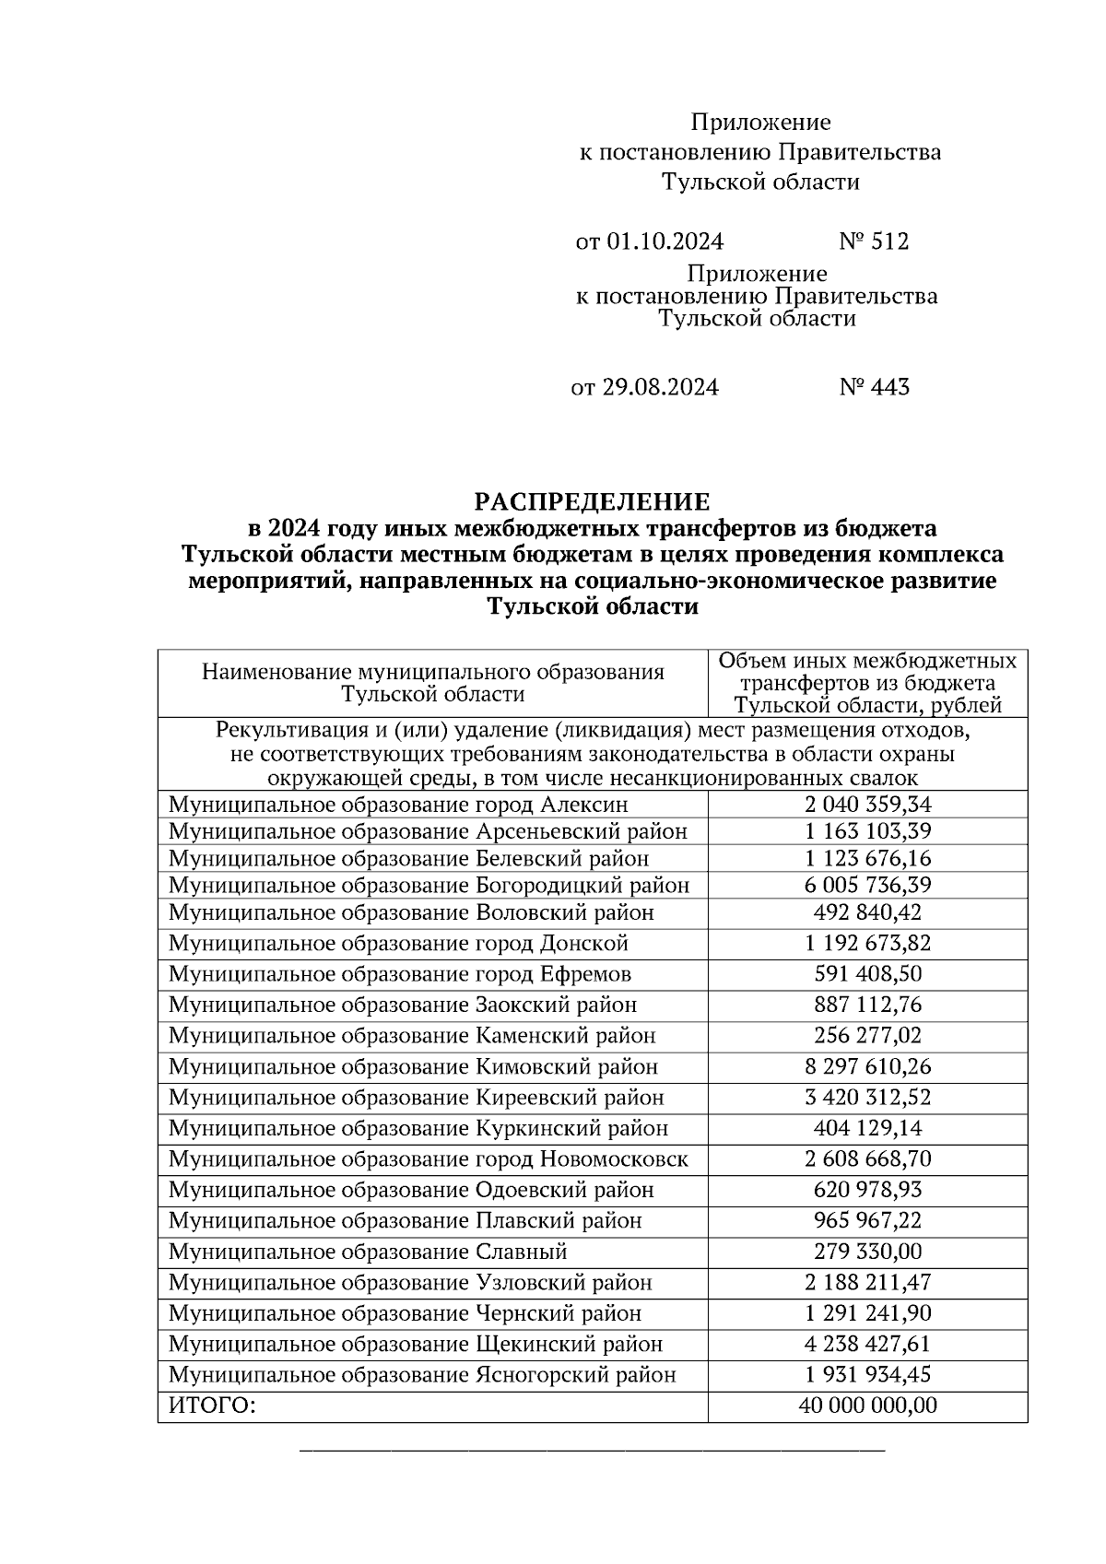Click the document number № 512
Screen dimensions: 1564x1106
tap(873, 241)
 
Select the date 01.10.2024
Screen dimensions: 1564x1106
tap(665, 241)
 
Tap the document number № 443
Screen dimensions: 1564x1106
tap(873, 387)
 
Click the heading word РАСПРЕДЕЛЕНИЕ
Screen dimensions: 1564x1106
tap(592, 502)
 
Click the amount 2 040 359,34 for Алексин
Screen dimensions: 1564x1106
tap(867, 805)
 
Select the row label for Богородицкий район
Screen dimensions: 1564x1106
tap(429, 886)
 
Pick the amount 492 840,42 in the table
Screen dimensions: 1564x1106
tap(867, 912)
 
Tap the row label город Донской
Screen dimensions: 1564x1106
tap(398, 944)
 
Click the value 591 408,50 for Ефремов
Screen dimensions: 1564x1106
tap(867, 974)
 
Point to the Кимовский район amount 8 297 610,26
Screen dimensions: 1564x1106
tap(867, 1067)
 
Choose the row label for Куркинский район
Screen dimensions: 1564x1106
tap(418, 1129)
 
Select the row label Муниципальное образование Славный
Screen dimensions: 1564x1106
tap(368, 1252)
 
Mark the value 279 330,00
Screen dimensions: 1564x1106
tap(867, 1252)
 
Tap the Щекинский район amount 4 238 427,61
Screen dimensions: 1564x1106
tap(867, 1345)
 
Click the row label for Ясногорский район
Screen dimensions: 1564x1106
tap(422, 1376)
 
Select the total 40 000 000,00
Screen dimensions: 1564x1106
tap(867, 1406)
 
